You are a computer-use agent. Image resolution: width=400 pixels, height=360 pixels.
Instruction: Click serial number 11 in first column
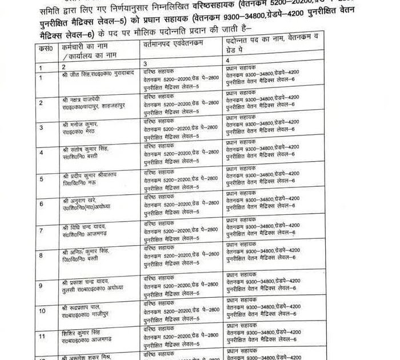pyautogui.click(x=42, y=337)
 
